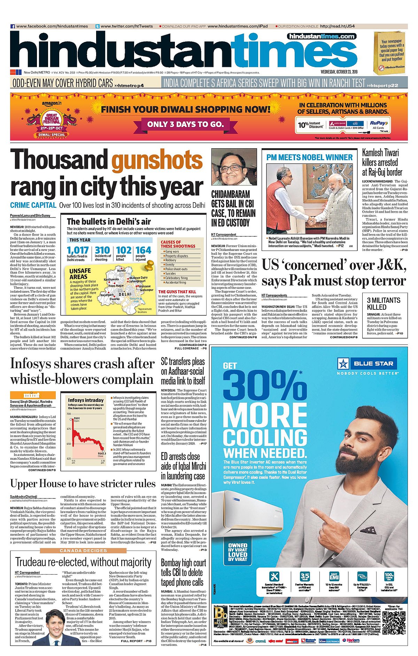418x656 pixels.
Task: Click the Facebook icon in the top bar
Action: pyautogui.click(x=13, y=26)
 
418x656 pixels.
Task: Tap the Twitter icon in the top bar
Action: pyautogui.click(x=98, y=26)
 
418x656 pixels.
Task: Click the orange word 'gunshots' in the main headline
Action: pyautogui.click(x=157, y=160)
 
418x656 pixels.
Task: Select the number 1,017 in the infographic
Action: pyautogui.click(x=77, y=251)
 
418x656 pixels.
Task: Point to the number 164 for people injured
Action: pyautogui.click(x=143, y=251)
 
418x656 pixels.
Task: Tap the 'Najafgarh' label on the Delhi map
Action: pyautogui.click(x=107, y=295)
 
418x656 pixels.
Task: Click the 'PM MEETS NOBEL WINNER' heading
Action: pyautogui.click(x=309, y=158)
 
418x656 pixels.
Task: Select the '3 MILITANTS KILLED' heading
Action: pyautogui.click(x=384, y=303)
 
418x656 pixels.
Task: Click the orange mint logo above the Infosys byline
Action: pyautogui.click(x=33, y=395)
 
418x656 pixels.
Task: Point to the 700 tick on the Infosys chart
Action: pyautogui.click(x=69, y=414)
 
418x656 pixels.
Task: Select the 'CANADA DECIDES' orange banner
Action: pyautogui.click(x=83, y=551)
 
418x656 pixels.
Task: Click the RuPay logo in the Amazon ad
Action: pyautogui.click(x=378, y=123)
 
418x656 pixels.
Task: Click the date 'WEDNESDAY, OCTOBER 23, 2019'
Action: pyautogui.click(x=339, y=72)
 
